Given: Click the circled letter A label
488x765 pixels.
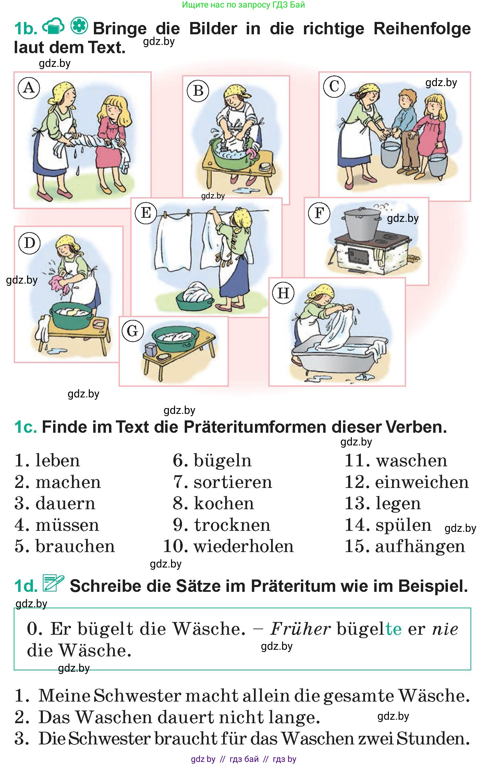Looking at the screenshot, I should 29,88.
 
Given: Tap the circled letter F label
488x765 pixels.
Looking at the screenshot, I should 319,213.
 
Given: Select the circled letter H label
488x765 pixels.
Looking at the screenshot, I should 283,293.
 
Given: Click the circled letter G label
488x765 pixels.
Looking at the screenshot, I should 133,331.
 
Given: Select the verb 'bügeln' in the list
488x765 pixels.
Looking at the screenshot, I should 222,460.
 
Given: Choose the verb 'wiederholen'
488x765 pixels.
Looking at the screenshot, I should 244,546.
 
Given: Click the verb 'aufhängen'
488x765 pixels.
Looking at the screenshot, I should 420,546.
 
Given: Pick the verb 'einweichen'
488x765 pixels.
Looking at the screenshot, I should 422,482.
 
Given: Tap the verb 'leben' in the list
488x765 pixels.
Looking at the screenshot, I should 58,460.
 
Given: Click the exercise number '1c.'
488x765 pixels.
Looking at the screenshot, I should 25,427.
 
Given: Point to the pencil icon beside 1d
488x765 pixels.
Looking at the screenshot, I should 53,584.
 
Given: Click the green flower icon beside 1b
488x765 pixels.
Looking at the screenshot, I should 79,26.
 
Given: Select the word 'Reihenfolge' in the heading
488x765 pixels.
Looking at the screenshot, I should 422,29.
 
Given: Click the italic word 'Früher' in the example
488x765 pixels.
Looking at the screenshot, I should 300,629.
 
